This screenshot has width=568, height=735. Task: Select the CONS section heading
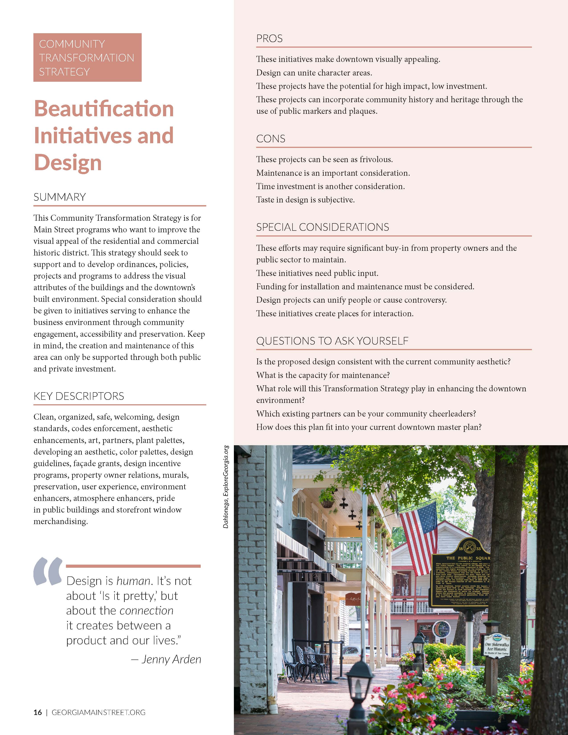tap(271, 139)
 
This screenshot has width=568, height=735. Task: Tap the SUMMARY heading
tap(59, 197)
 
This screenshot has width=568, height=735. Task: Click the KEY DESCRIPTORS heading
tap(79, 396)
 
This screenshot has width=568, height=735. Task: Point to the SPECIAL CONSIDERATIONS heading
tap(322, 227)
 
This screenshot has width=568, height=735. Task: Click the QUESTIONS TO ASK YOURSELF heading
tap(332, 341)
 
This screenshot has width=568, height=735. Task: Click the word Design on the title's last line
tap(68, 163)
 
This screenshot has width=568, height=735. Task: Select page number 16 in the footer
tap(38, 713)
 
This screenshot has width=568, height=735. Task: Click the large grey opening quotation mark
tap(47, 571)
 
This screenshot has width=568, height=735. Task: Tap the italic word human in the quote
tap(133, 581)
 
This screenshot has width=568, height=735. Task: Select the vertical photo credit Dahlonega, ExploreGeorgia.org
tap(226, 487)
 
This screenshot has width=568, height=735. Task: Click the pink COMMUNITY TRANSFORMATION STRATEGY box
tap(87, 57)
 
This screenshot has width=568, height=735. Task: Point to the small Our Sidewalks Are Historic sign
tap(497, 645)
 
